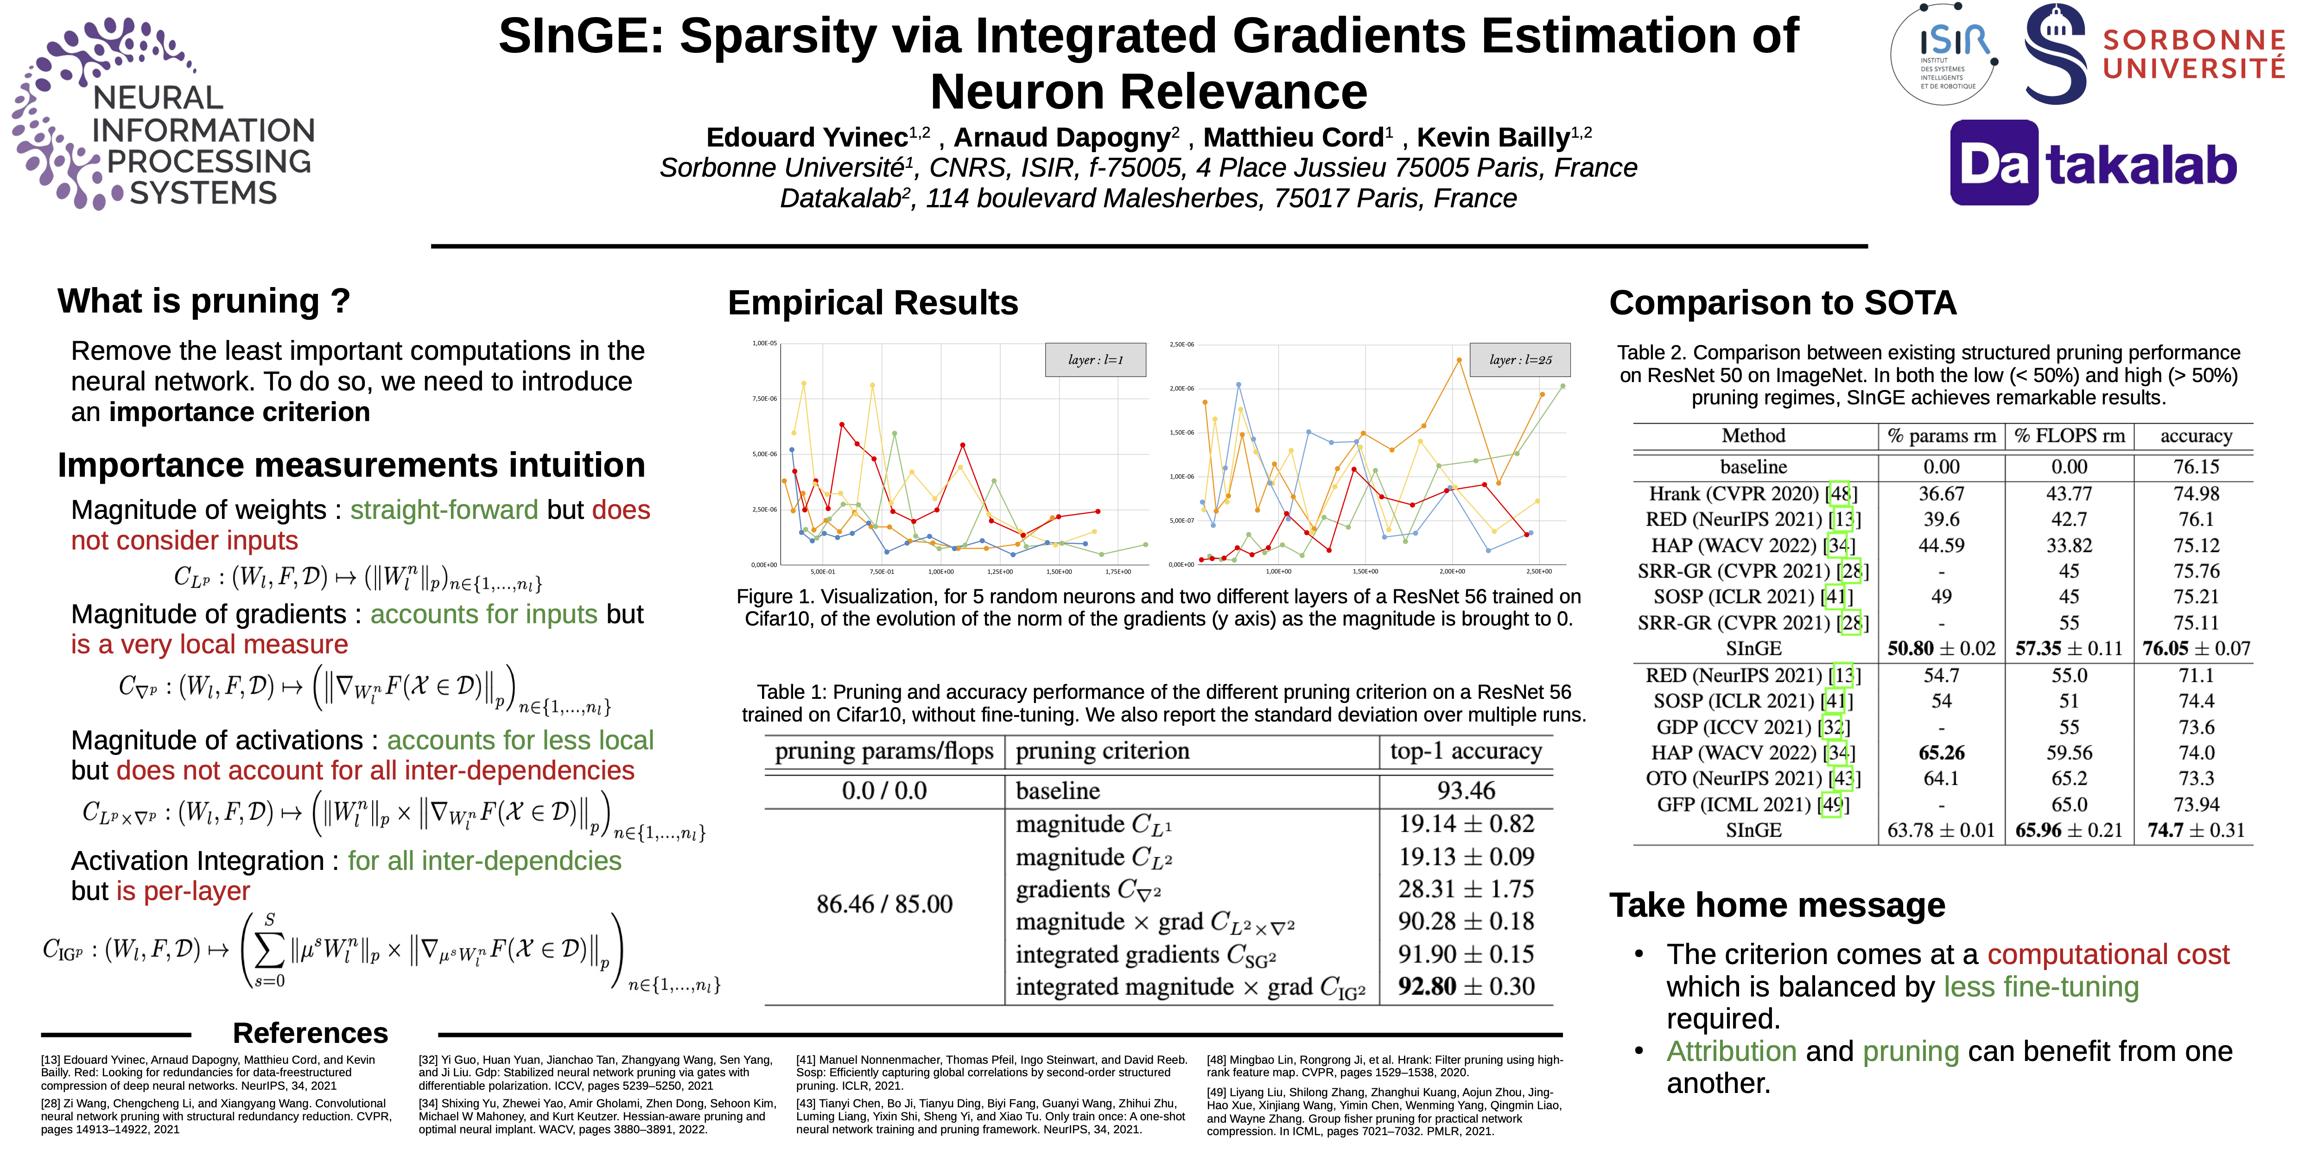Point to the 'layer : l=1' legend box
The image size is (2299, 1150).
click(1095, 360)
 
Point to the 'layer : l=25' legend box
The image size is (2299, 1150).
click(1520, 360)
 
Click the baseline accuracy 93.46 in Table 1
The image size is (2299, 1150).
click(1467, 790)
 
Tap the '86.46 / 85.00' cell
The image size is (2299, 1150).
click(883, 904)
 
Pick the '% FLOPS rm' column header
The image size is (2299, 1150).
click(2069, 436)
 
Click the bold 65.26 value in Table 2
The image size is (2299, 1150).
click(1941, 753)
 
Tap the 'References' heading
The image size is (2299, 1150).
click(310, 1033)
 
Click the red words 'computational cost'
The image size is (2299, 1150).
click(2108, 954)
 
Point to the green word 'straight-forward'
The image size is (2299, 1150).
click(444, 510)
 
